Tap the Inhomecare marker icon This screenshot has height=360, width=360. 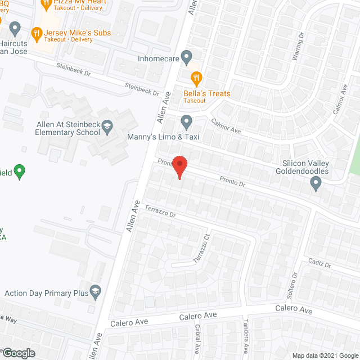click(x=187, y=57)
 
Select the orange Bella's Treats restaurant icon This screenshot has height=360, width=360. click(x=196, y=77)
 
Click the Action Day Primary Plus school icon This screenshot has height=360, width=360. click(x=96, y=291)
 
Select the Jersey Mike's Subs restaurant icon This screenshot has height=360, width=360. click(x=37, y=33)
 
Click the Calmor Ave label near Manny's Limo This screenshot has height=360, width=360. click(x=225, y=125)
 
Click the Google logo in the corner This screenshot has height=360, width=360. click(x=18, y=353)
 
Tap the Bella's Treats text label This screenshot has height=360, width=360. click(x=206, y=93)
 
